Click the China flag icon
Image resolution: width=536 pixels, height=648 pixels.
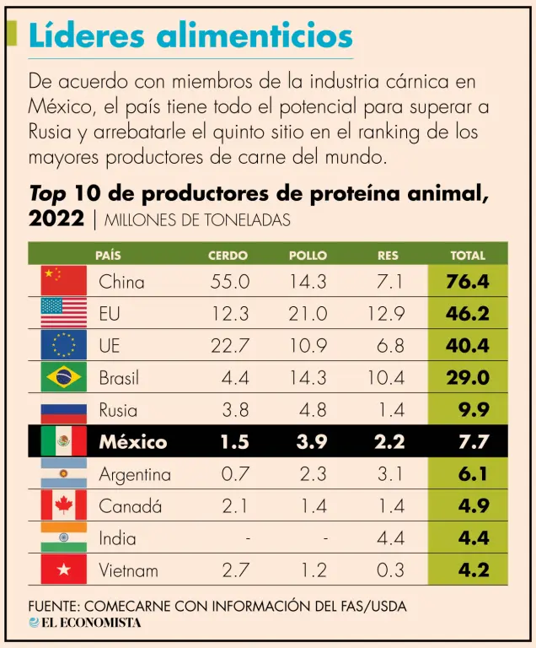click(64, 280)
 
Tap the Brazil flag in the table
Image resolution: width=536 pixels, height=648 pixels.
click(64, 377)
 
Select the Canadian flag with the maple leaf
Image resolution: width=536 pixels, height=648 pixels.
click(64, 506)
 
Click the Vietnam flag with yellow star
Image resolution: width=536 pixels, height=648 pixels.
click(64, 570)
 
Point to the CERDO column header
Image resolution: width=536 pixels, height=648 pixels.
click(228, 255)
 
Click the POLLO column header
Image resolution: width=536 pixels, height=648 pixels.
click(308, 255)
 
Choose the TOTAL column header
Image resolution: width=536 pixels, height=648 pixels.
click(468, 255)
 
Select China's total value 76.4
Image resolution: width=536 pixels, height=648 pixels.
click(468, 281)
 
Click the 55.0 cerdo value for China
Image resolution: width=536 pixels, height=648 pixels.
click(229, 281)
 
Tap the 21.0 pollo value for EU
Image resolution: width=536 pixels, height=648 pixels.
click(308, 313)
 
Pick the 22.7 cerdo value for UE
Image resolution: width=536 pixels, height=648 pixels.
click(229, 345)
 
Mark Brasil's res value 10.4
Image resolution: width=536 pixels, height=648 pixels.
click(386, 377)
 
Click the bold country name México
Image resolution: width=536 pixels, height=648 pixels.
click(133, 442)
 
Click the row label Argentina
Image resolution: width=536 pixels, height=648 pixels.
click(135, 474)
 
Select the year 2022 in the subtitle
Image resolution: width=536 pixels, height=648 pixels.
click(56, 219)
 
